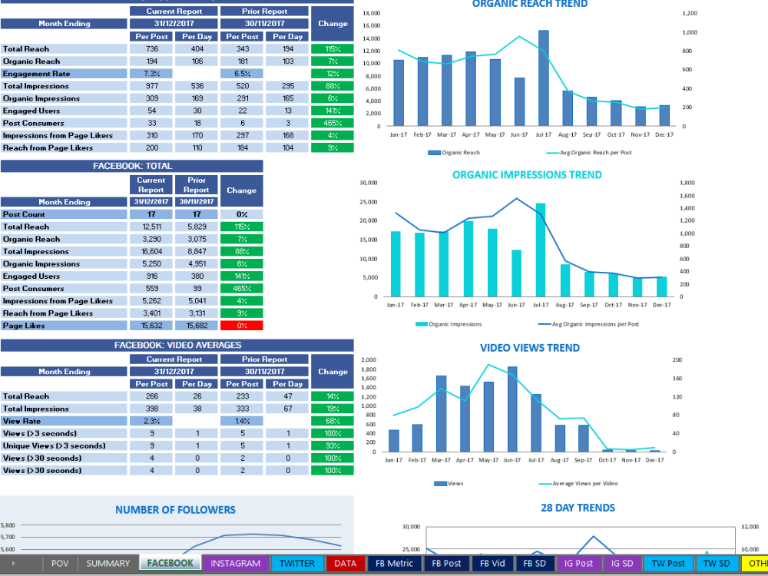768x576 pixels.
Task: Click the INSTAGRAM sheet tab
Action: click(x=236, y=563)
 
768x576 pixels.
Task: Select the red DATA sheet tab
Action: click(x=346, y=563)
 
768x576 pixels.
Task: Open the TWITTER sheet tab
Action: click(x=296, y=563)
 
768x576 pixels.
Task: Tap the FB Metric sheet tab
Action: click(x=395, y=563)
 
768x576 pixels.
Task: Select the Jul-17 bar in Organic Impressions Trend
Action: click(x=541, y=250)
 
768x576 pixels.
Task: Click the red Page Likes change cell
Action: click(x=241, y=326)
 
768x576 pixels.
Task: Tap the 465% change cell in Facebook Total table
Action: click(x=241, y=289)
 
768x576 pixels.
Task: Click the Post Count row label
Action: click(x=25, y=214)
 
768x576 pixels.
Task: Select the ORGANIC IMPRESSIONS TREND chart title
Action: click(x=527, y=174)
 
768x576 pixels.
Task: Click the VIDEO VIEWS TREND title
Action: click(x=530, y=347)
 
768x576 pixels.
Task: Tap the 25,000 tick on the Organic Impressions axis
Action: click(x=368, y=202)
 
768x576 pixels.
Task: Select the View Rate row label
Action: click(x=22, y=421)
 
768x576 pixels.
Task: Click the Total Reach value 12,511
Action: click(x=151, y=227)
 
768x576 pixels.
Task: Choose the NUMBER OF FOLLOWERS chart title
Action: click(x=175, y=509)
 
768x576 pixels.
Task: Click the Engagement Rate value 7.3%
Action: click(x=151, y=74)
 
